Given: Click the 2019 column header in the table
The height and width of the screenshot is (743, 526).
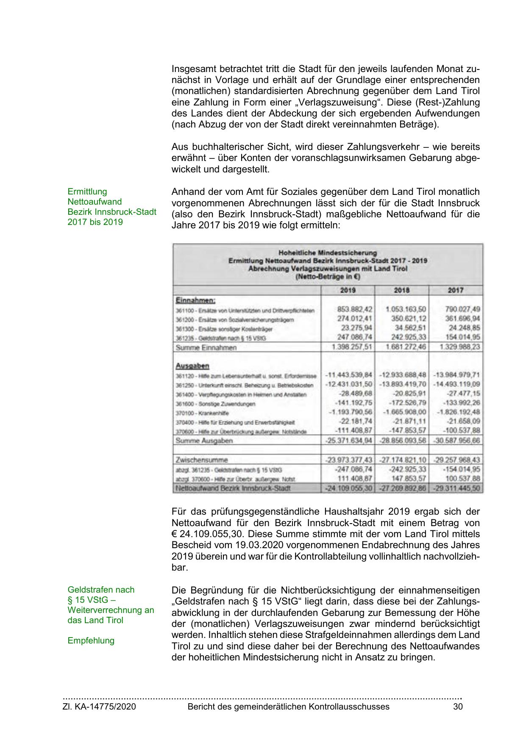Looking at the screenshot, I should pos(348,290).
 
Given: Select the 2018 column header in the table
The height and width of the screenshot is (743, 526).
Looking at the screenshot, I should pos(402,290).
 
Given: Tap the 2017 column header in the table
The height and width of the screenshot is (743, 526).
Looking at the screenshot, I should pos(456,290).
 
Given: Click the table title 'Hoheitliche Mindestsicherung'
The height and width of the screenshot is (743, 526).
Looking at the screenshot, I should pos(328,253).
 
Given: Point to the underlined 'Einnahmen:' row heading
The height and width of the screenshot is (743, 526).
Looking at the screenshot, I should pos(195,300).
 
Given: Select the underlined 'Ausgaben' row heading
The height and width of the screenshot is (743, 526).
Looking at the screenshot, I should pos(192,366).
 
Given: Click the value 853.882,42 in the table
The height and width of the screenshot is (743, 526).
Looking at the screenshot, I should pos(355,309).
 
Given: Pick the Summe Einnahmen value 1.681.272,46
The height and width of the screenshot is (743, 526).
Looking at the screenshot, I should pos(406,347).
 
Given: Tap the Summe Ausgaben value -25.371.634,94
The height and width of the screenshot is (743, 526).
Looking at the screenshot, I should pos(348,441).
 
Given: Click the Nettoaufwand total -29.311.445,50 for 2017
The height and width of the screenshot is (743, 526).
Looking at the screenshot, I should pos(457,488).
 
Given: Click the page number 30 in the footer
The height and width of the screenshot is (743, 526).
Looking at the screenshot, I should pos(458,707).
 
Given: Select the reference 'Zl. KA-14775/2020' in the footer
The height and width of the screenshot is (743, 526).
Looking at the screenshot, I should pos(99,707).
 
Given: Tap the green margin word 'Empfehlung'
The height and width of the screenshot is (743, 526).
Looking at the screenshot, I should pos(91,640).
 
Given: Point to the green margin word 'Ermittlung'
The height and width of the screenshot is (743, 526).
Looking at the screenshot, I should pos(87,191).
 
